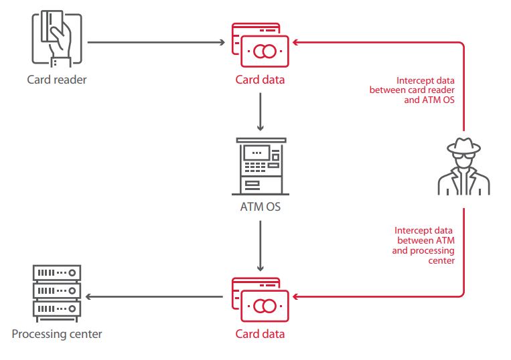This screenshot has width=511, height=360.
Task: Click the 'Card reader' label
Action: [x=57, y=80]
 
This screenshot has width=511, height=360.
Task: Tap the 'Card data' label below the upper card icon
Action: [x=260, y=80]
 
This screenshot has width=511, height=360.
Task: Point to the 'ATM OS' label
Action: [x=260, y=206]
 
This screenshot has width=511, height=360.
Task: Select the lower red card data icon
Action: [x=260, y=299]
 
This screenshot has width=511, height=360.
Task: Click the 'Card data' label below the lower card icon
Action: [x=260, y=333]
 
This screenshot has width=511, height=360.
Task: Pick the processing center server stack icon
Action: [x=57, y=292]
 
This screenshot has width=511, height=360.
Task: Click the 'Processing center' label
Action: [x=57, y=333]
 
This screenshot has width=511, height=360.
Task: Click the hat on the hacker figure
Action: [x=463, y=145]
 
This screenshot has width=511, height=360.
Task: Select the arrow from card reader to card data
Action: [x=155, y=43]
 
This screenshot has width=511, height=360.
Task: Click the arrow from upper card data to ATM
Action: [x=260, y=110]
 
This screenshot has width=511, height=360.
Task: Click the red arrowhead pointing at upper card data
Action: [x=297, y=43]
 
